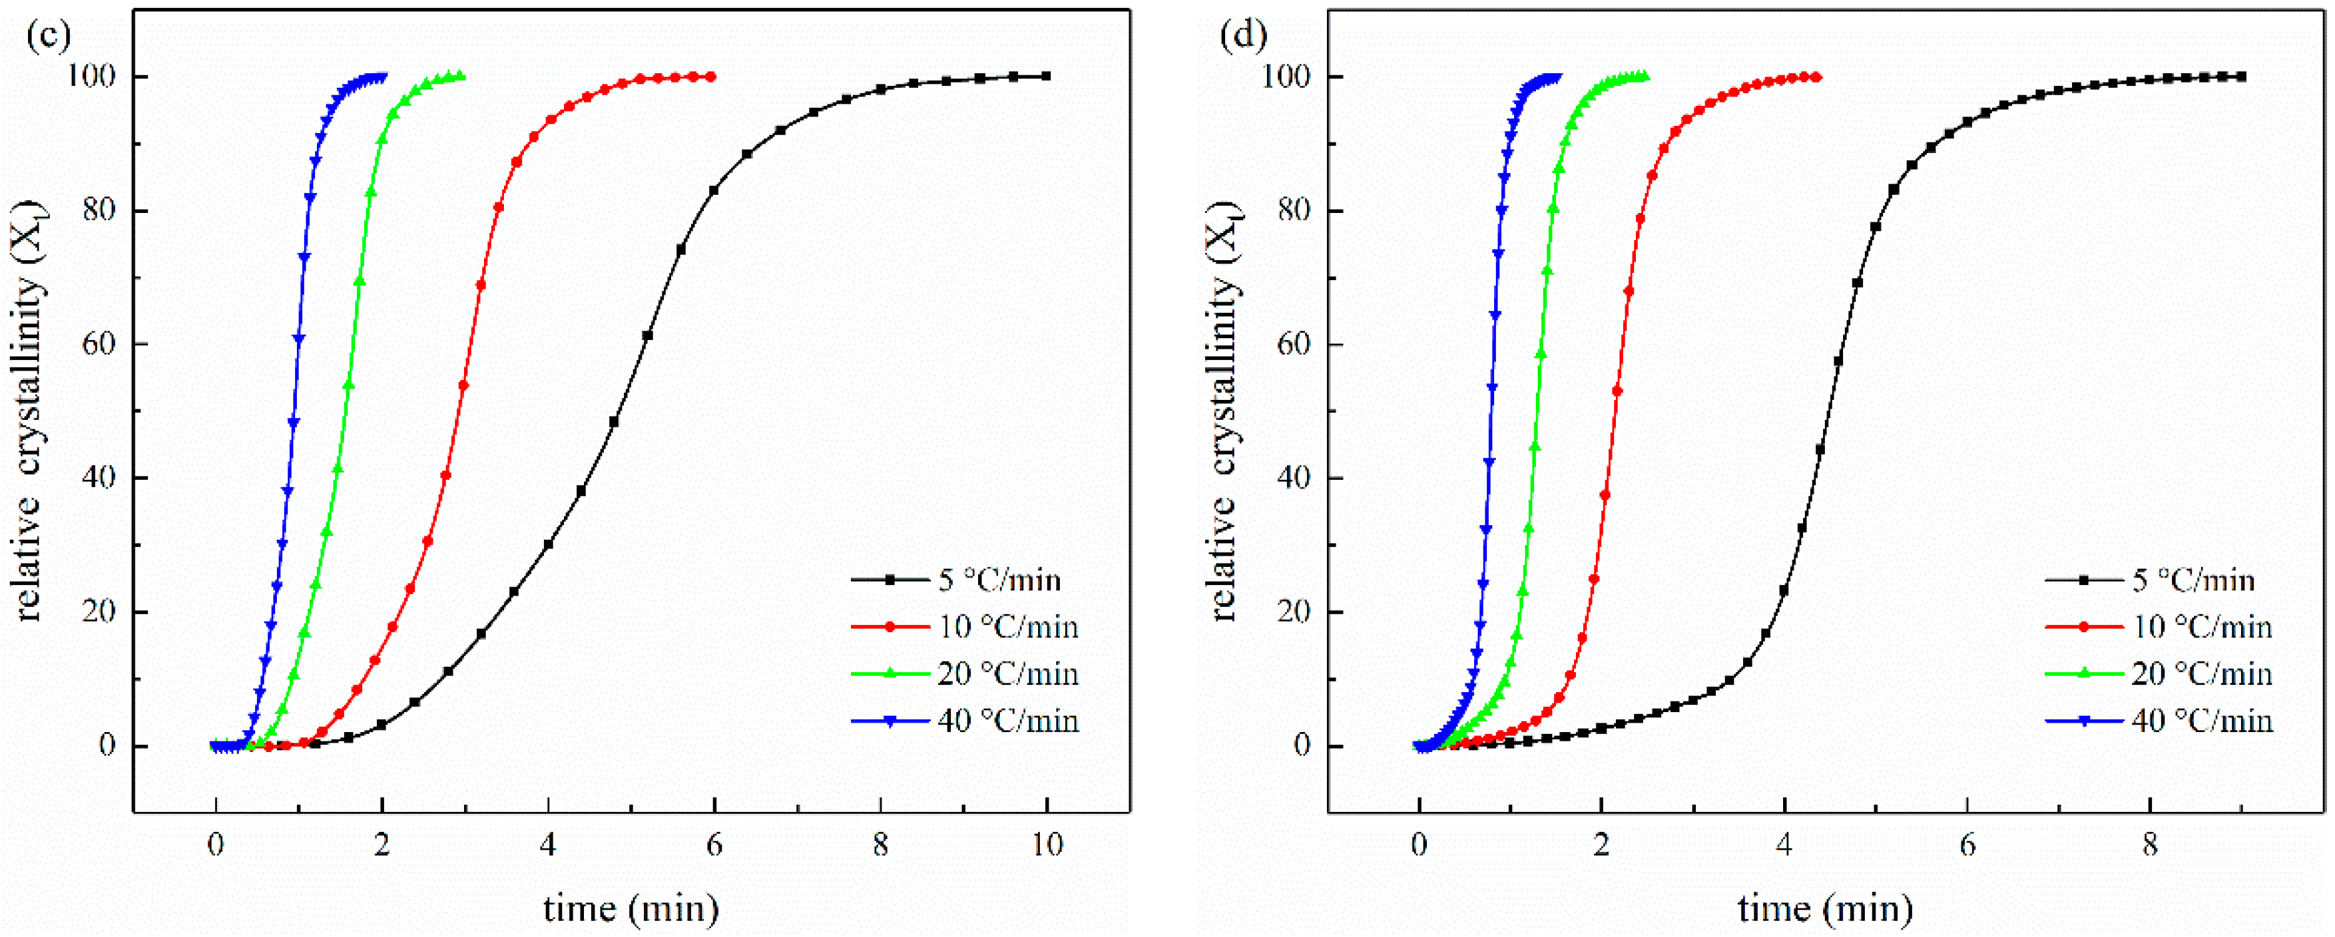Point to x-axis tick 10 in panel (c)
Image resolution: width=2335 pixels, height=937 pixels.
pos(1047,845)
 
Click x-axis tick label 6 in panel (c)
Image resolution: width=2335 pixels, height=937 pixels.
pos(714,845)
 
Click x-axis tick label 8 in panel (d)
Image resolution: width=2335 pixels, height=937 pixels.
pos(2150,845)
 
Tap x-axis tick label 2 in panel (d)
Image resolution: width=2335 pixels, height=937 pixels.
pos(1602,845)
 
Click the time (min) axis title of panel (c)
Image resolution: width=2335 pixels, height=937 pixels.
pos(631,907)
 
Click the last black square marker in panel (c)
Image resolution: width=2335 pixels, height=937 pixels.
pos(1047,76)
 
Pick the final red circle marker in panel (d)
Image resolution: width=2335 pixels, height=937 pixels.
pos(1818,77)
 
